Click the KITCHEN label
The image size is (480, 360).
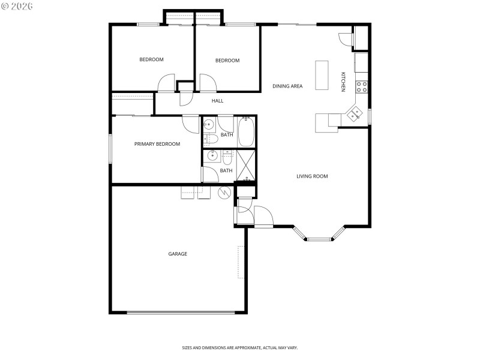(343, 82)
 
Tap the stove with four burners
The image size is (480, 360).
(362, 86)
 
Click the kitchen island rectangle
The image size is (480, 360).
(322, 74)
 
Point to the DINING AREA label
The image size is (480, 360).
(287, 86)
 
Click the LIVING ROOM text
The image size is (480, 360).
(312, 176)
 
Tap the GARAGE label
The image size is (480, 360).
(178, 254)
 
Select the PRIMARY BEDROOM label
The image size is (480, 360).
(157, 144)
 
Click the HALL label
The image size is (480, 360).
(217, 101)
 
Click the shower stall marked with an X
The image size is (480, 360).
(246, 166)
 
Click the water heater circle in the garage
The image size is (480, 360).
(224, 193)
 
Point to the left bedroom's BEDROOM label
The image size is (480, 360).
(151, 59)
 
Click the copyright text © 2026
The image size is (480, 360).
(17, 6)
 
